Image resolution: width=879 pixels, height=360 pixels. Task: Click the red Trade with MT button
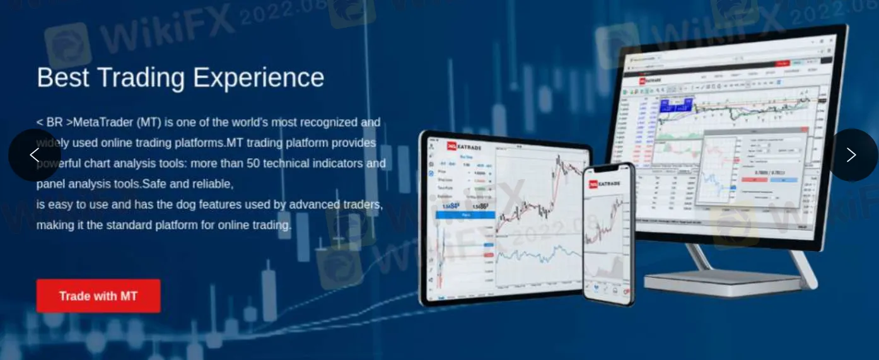(98, 296)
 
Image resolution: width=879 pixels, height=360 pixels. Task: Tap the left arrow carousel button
(35, 155)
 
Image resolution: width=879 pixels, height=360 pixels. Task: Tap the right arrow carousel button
(851, 155)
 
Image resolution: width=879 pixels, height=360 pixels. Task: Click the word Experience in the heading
(259, 78)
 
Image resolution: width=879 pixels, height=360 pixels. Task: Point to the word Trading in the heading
(141, 78)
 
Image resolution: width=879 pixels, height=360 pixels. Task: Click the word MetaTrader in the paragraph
(103, 122)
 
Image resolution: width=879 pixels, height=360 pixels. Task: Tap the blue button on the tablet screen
(465, 215)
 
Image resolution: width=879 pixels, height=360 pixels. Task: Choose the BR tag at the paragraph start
(55, 122)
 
